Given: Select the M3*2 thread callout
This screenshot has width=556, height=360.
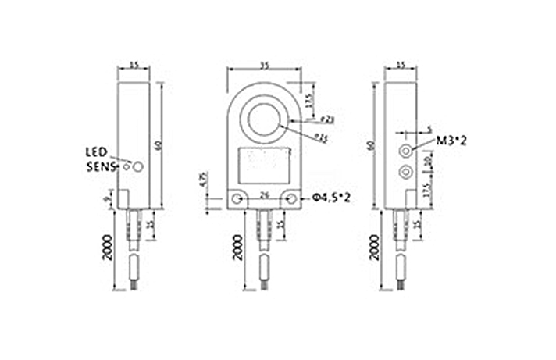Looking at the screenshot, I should tap(451, 141).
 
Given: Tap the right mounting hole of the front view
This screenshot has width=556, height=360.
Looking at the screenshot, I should tap(290, 200).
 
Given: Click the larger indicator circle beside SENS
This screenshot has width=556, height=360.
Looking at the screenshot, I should tap(138, 166).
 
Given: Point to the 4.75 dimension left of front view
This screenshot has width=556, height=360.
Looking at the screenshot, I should tap(203, 179).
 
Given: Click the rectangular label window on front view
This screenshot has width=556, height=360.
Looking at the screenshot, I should tap(264, 164).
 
